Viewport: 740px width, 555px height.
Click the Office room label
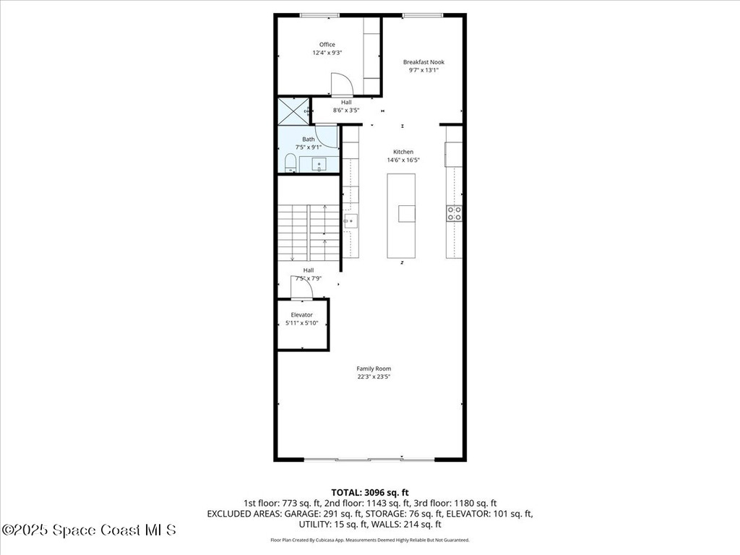(327, 45)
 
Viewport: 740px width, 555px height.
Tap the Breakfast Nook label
(423, 62)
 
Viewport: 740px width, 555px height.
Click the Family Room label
(374, 369)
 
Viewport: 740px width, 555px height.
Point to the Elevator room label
(301, 315)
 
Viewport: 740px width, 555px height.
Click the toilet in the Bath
(290, 163)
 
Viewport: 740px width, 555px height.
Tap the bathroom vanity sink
(319, 165)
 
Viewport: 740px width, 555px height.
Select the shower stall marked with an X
(293, 111)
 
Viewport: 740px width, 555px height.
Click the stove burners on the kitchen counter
(455, 212)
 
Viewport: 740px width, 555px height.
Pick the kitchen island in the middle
(402, 215)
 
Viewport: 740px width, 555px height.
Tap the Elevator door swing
(301, 288)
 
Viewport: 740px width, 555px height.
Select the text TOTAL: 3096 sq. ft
(370, 492)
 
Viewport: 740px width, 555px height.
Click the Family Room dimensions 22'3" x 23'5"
(374, 377)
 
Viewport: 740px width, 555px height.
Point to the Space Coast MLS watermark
(88, 530)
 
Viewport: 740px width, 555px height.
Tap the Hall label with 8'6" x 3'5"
(346, 106)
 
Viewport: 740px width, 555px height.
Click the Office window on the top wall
(320, 14)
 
